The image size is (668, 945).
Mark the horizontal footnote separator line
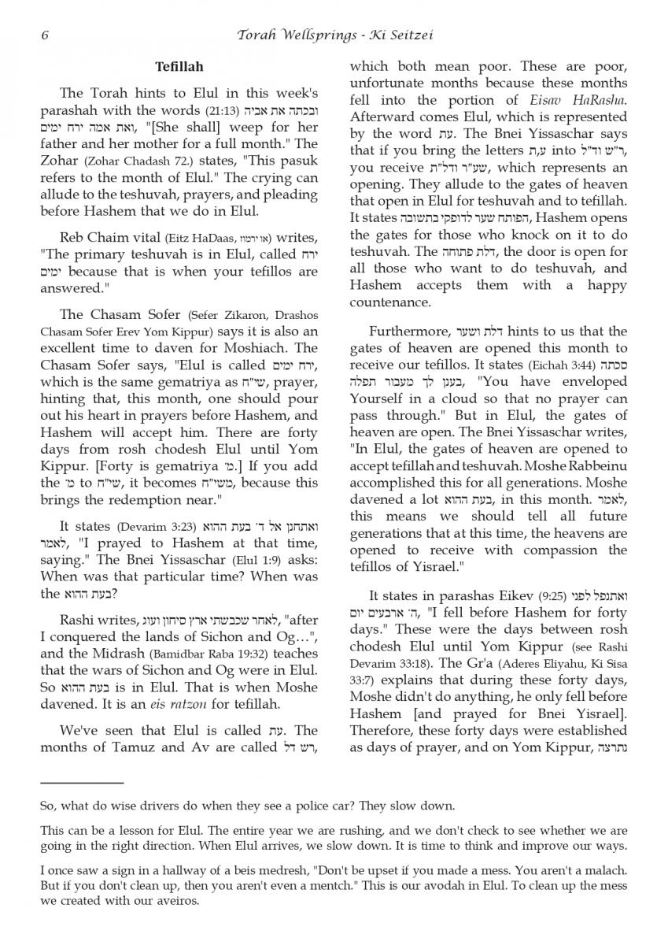coord(82,784)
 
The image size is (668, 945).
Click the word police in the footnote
coord(292,806)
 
